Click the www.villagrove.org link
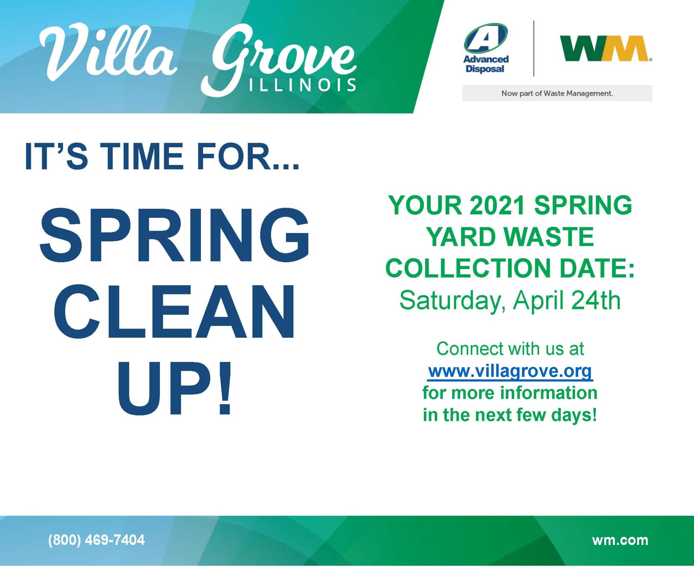pos(510,371)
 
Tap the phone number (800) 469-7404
pos(96,540)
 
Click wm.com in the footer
pos(620,540)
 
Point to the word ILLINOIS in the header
pos(303,85)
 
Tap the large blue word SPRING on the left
pos(175,235)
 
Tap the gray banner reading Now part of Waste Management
pos(557,93)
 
